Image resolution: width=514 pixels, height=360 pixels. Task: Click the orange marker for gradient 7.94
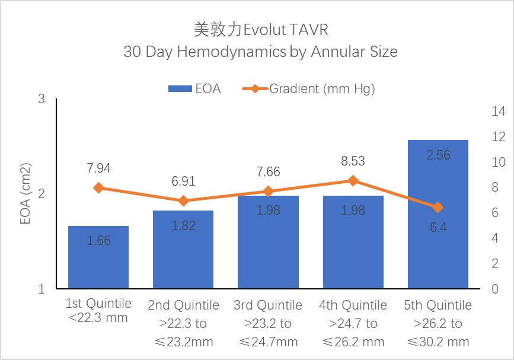tap(98, 188)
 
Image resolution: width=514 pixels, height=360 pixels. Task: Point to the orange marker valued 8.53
tap(353, 181)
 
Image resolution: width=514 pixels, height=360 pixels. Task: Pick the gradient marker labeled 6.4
tap(438, 208)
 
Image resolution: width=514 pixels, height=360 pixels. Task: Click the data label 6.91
tap(183, 181)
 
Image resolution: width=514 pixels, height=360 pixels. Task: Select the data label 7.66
tap(268, 172)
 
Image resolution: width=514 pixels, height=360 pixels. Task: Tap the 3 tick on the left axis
tap(42, 99)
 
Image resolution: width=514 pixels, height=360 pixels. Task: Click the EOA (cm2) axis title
tap(25, 193)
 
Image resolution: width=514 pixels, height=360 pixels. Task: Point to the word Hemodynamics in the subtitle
tap(232, 52)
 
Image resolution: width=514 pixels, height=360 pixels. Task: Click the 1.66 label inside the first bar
tap(98, 241)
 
